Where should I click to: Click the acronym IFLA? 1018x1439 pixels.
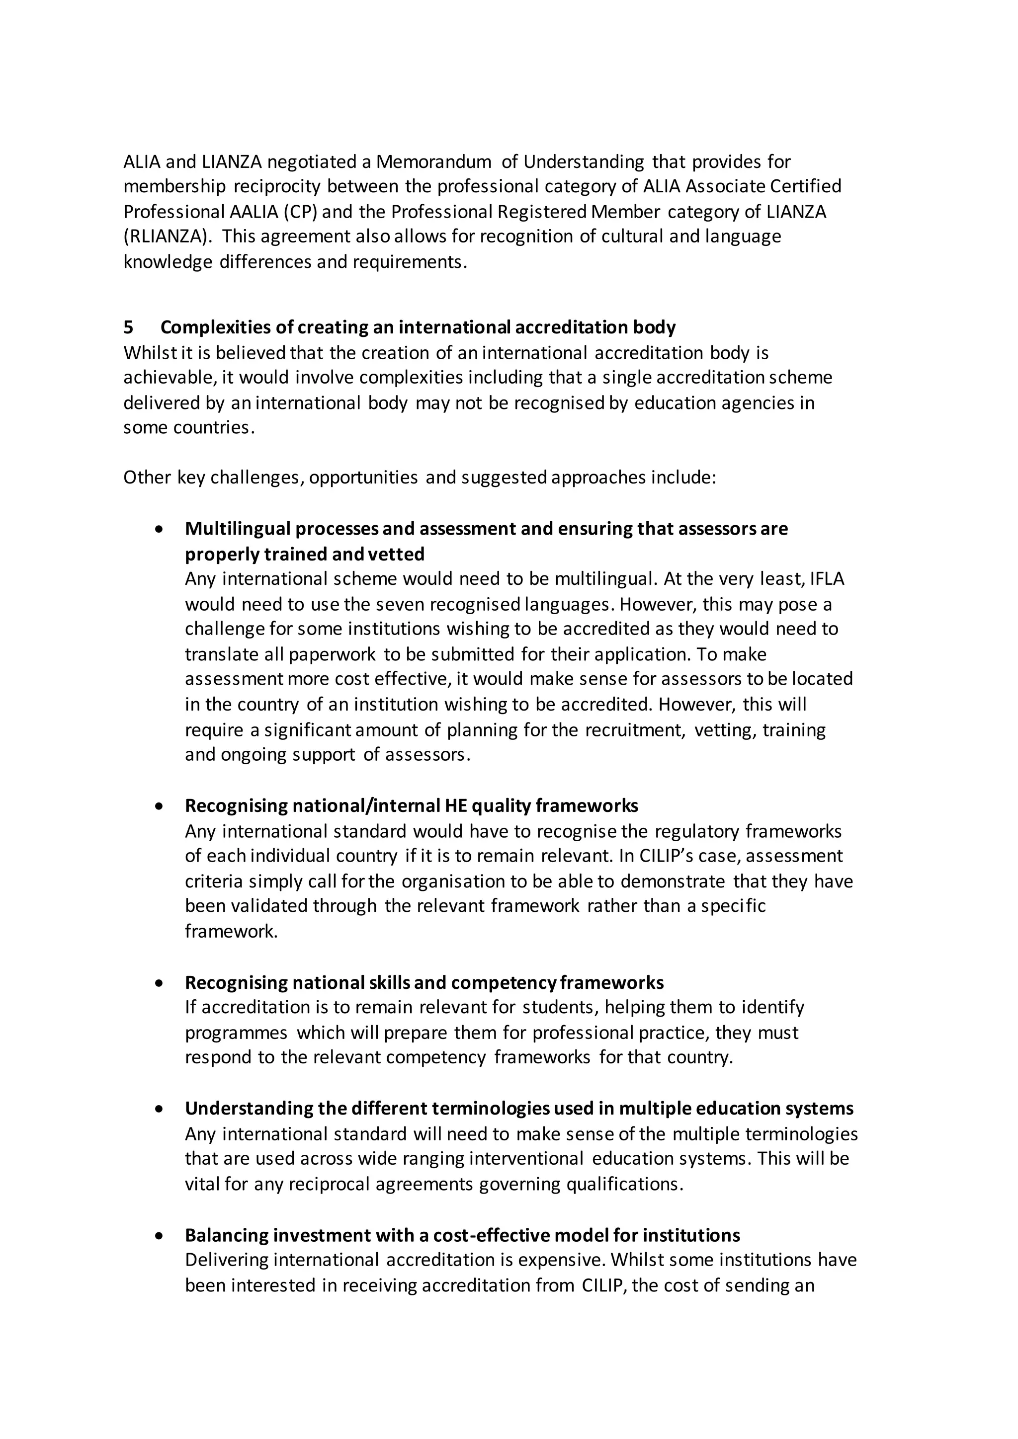[x=828, y=578]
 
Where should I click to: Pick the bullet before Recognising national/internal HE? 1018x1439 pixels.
[x=161, y=806]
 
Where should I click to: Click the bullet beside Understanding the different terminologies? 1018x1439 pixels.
[x=161, y=1109]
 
